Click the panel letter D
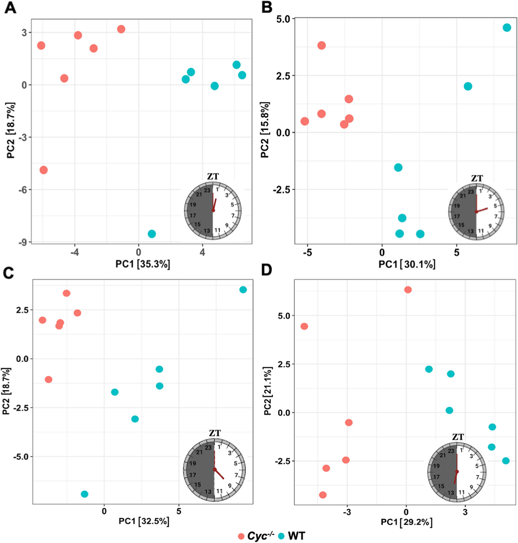pyautogui.click(x=267, y=270)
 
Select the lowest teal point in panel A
pyautogui.click(x=152, y=234)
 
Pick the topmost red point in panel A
pyautogui.click(x=121, y=29)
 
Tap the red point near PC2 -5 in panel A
pyautogui.click(x=44, y=170)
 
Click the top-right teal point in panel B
pyautogui.click(x=507, y=28)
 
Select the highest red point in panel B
pyautogui.click(x=322, y=46)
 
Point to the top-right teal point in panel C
pyautogui.click(x=243, y=290)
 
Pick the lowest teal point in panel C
pyautogui.click(x=85, y=494)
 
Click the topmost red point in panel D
pyautogui.click(x=408, y=290)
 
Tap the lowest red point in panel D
pyautogui.click(x=323, y=495)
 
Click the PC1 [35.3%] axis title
pyautogui.click(x=143, y=264)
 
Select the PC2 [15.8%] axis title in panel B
pyautogui.click(x=265, y=130)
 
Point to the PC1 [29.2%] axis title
pyautogui.click(x=406, y=522)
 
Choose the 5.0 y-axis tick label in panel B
pyautogui.click(x=283, y=19)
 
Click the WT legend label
pyautogui.click(x=296, y=536)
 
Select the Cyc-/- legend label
pyautogui.click(x=260, y=536)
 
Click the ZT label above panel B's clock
pyautogui.click(x=477, y=178)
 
